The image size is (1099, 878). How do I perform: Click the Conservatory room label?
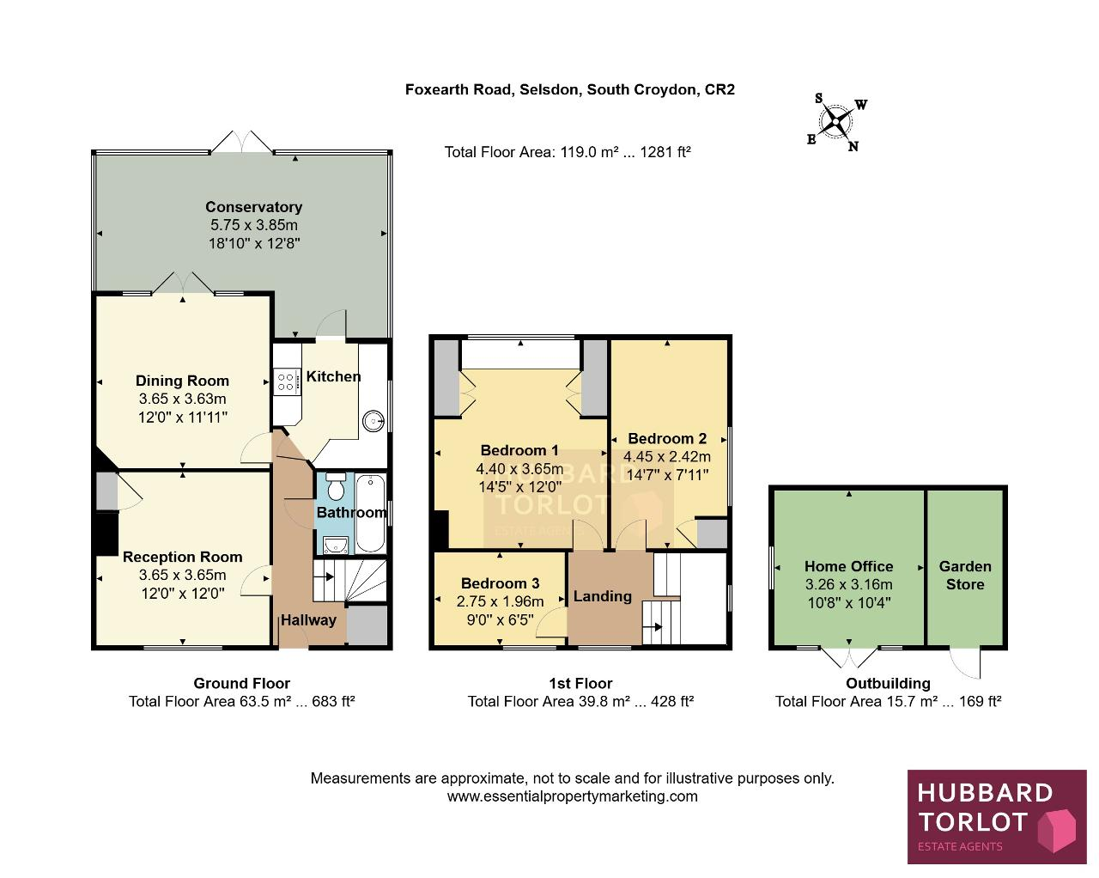[254, 207]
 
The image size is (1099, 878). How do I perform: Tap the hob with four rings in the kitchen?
[286, 382]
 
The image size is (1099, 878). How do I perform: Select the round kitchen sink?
[373, 421]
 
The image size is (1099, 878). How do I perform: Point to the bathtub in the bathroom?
[370, 514]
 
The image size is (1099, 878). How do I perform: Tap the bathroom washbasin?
[336, 546]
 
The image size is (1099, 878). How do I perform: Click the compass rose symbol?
[836, 122]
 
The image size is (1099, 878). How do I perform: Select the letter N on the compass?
[853, 147]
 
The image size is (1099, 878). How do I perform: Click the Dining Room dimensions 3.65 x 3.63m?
[182, 399]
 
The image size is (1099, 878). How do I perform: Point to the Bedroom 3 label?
[500, 583]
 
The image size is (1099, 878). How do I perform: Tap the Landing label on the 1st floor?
[603, 596]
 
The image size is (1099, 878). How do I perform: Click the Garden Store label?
[965, 576]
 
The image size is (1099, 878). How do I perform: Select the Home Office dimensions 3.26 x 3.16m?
[849, 585]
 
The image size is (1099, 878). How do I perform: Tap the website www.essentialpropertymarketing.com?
[572, 796]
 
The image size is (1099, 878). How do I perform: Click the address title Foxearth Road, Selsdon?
[492, 90]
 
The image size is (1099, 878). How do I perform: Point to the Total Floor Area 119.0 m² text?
[568, 152]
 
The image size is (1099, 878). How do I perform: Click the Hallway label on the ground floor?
[308, 620]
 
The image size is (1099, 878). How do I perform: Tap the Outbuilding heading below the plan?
[888, 684]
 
